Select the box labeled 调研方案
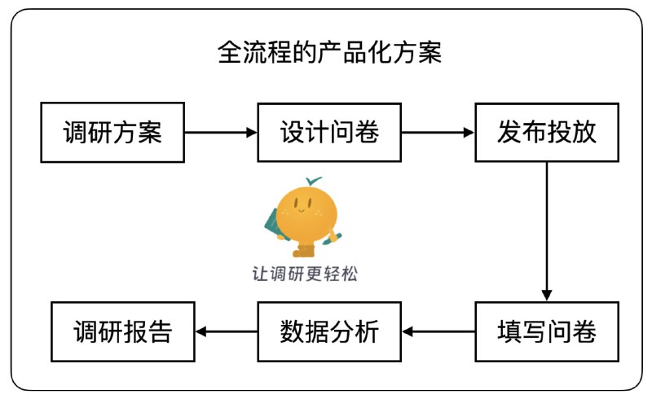click(112, 133)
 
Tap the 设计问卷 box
click(329, 133)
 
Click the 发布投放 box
click(547, 133)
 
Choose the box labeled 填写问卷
click(547, 331)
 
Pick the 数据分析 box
click(329, 331)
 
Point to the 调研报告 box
click(123, 331)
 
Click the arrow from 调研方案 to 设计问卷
click(221, 133)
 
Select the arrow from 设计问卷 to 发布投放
click(438, 133)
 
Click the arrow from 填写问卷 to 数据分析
click(438, 331)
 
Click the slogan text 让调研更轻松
click(305, 274)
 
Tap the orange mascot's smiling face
click(305, 210)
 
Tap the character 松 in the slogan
click(348, 274)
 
